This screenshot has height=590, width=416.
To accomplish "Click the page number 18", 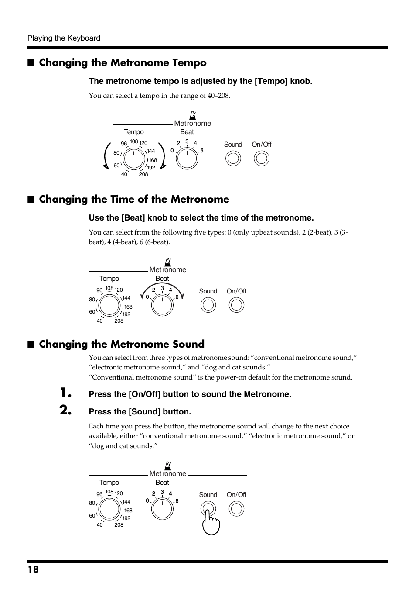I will point(33,569).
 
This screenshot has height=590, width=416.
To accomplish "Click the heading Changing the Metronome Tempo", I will point(123,62).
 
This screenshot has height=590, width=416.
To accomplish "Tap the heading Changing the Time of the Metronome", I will point(134,199).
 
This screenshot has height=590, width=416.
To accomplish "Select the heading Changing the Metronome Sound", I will point(122,344).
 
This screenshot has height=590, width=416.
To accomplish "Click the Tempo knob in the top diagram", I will point(133,158).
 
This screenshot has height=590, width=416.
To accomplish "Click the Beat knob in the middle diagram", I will point(162,305).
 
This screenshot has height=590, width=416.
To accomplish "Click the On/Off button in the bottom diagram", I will point(236,509).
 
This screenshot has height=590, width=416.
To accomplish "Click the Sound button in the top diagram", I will point(233,158).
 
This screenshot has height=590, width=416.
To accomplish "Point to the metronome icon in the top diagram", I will point(192,115).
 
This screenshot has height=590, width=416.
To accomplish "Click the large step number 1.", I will point(66,393).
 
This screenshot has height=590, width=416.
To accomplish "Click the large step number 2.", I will point(66,410).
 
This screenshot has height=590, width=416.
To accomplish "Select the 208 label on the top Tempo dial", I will point(143,174).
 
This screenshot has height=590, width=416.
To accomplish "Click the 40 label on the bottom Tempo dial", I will point(100,525).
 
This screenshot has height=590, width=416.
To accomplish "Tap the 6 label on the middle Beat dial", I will point(177,297).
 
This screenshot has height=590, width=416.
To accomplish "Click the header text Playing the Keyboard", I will point(64,38).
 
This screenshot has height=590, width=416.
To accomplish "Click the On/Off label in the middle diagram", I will point(236,291).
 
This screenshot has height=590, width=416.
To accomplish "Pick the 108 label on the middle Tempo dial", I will point(109,288).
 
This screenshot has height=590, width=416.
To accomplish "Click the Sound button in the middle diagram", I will point(208,305).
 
